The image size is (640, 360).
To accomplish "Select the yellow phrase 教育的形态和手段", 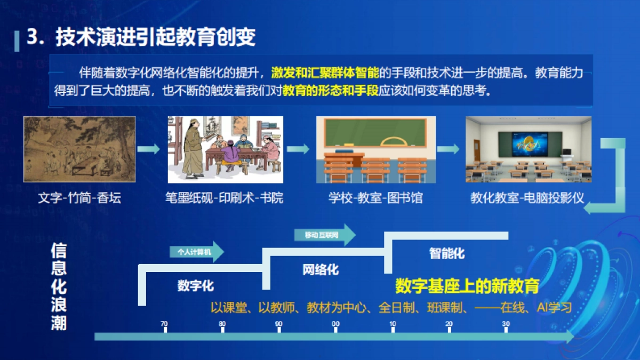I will (330, 91).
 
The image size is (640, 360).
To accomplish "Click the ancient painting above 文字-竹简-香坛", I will (79, 150).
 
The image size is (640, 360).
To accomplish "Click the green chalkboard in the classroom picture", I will (375, 133).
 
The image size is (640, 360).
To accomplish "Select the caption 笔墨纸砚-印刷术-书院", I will (224, 198).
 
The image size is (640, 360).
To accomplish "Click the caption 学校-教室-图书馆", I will (375, 198).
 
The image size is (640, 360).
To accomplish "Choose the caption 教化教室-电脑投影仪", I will (527, 198).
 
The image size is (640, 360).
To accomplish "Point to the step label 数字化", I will (196, 286).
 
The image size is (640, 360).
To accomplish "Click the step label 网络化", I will (321, 269).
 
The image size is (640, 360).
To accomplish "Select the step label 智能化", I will (447, 253).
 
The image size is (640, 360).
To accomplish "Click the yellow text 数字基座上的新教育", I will (467, 286).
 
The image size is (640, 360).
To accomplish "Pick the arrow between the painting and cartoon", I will (149, 149).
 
